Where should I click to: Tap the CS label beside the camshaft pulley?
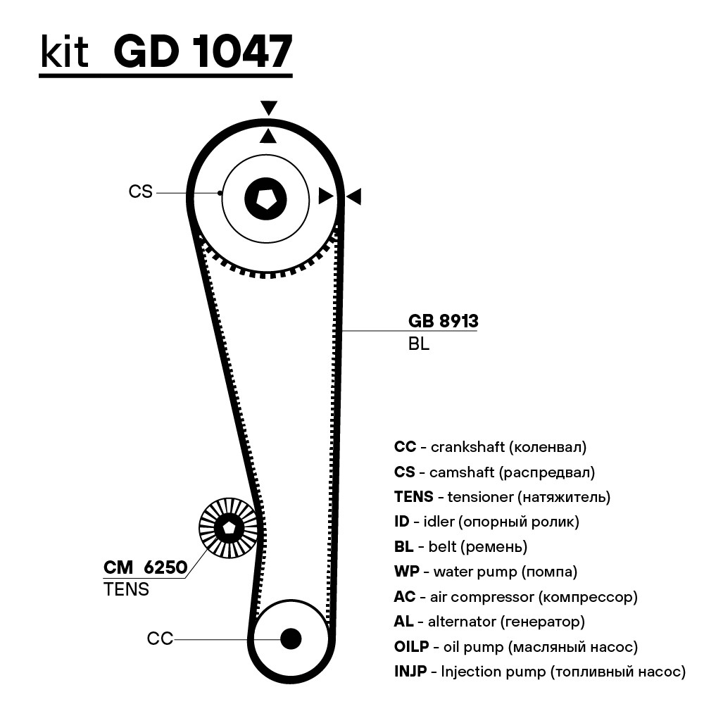coord(141,191)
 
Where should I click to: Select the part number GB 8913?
coord(443,321)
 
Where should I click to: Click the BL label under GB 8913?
coord(419,344)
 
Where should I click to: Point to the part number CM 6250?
coord(145,567)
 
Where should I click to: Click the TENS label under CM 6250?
coord(126,589)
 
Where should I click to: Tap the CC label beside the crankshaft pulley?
coord(160,639)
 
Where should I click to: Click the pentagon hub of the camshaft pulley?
coord(266,199)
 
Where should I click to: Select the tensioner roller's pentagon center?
coord(229,528)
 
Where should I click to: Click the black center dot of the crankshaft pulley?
coord(291,639)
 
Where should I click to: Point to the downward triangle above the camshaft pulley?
coord(268,108)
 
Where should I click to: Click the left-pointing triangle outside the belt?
coord(354,196)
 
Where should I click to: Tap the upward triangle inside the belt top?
coord(268,136)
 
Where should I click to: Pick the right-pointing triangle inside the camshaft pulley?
coord(326,196)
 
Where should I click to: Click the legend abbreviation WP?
coord(406,572)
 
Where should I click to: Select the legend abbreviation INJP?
coord(410,672)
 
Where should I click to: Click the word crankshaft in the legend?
coord(462,447)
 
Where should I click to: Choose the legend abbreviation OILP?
coord(411,646)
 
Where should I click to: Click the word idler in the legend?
coord(439,522)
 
